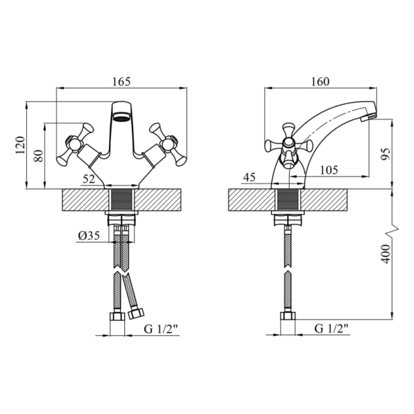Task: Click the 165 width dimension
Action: pyautogui.click(x=121, y=81)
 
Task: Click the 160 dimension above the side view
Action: pyautogui.click(x=320, y=81)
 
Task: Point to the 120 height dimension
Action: pyautogui.click(x=21, y=145)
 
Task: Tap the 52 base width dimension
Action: pyautogui.click(x=89, y=179)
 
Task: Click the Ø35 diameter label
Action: pyautogui.click(x=89, y=235)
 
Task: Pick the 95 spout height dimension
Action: pyautogui.click(x=385, y=154)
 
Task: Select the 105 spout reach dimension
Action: pyautogui.click(x=329, y=170)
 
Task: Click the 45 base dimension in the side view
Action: pyautogui.click(x=249, y=177)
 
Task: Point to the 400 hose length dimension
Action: pyautogui.click(x=386, y=254)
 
